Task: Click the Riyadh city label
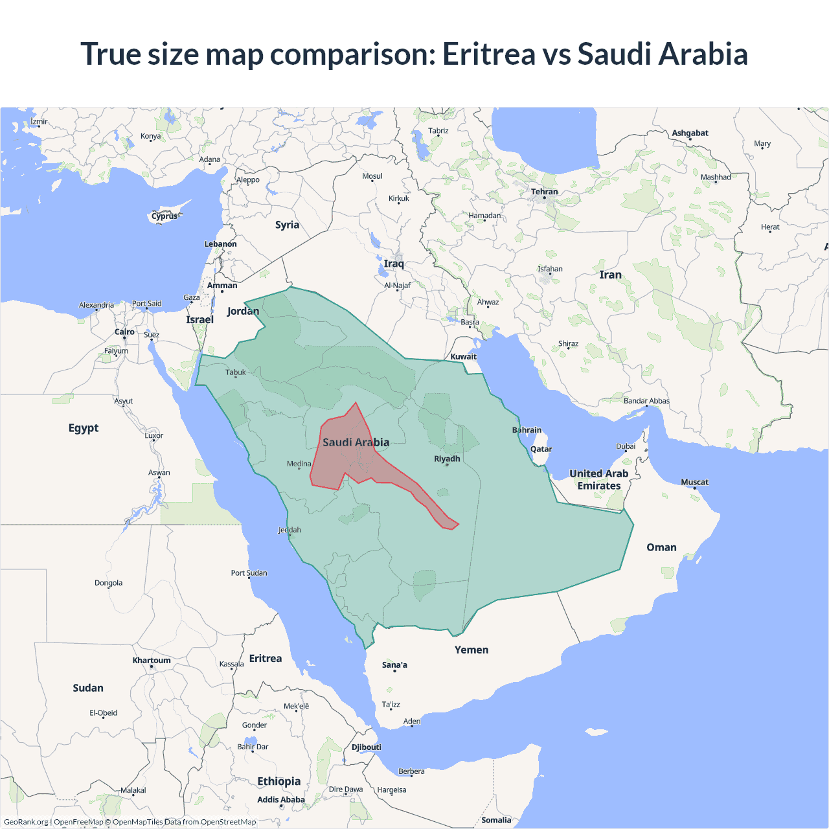(x=447, y=459)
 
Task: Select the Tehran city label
(x=544, y=192)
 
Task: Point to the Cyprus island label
(x=165, y=216)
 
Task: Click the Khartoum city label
(x=152, y=661)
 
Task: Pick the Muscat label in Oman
(x=694, y=482)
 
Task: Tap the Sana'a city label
(x=394, y=665)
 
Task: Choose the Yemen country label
(x=471, y=650)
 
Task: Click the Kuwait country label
(x=463, y=356)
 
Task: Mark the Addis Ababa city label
(x=280, y=800)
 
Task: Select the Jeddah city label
(x=290, y=530)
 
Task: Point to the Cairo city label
(x=124, y=332)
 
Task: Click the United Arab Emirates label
(x=598, y=480)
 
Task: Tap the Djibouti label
(x=366, y=747)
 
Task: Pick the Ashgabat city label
(x=690, y=133)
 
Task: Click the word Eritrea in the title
(x=489, y=54)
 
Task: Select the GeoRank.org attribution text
(x=26, y=822)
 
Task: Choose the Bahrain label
(x=527, y=430)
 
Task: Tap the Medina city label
(x=299, y=464)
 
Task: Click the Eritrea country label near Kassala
(x=266, y=658)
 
